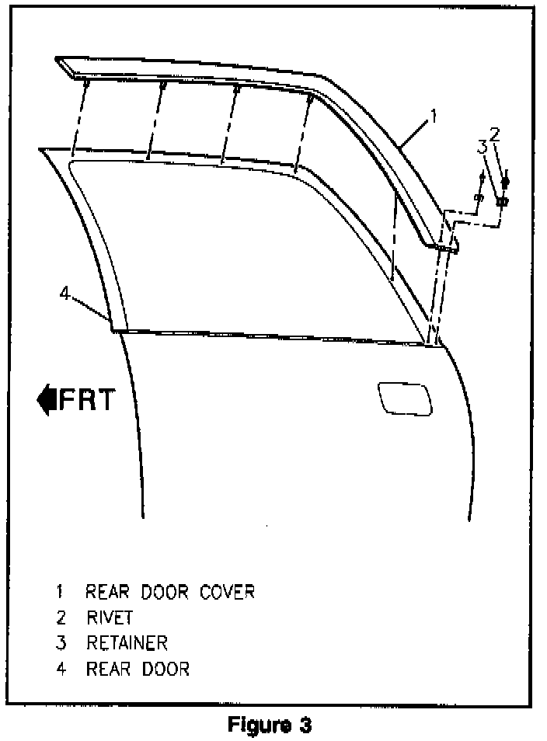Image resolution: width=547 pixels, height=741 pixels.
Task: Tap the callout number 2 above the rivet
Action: coord(494,133)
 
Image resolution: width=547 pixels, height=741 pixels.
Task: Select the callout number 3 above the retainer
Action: coord(482,146)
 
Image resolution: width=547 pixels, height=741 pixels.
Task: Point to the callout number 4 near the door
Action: coord(65,294)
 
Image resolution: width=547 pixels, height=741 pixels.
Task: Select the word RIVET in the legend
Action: coord(110,617)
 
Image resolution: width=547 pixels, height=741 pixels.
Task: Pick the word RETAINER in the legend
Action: coord(127,642)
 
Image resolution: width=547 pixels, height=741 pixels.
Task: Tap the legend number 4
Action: coord(60,668)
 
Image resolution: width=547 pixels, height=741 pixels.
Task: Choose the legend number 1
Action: coord(60,592)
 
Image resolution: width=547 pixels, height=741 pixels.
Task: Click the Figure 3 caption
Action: coord(270,725)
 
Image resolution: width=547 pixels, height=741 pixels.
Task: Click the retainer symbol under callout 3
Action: coord(479,197)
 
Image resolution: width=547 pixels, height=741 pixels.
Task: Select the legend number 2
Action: coord(60,617)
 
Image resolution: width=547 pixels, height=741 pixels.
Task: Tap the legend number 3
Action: coord(60,642)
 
